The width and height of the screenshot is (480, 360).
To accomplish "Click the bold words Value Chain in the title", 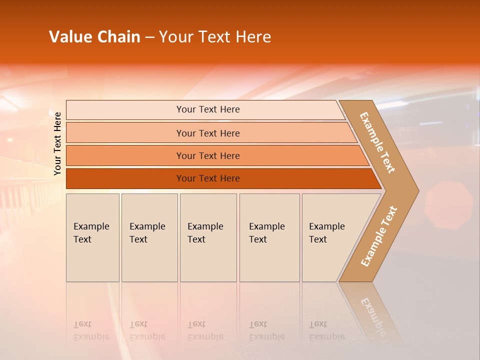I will pyautogui.click(x=94, y=37).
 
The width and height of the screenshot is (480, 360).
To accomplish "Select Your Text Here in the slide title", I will pyautogui.click(x=215, y=37).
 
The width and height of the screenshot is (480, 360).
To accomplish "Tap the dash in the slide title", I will pyautogui.click(x=149, y=37).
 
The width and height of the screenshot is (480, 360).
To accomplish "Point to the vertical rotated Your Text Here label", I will pyautogui.click(x=57, y=143).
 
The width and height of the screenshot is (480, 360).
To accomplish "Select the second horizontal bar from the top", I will pyautogui.click(x=208, y=133).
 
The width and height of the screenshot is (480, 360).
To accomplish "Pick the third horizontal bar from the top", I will pyautogui.click(x=208, y=155).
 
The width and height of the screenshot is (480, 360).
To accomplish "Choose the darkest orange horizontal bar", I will pyautogui.click(x=208, y=178).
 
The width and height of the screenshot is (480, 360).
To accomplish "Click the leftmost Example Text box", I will pyautogui.click(x=92, y=237).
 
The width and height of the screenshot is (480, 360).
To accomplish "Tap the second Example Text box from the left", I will pyautogui.click(x=149, y=237).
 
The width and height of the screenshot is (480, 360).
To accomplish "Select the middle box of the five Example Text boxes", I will pyautogui.click(x=208, y=237).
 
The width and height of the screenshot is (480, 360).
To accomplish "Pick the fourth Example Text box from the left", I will pyautogui.click(x=269, y=237).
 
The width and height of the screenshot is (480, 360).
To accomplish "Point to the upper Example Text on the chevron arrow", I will pyautogui.click(x=377, y=142).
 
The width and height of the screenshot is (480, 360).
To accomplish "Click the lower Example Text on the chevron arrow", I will pyautogui.click(x=378, y=236).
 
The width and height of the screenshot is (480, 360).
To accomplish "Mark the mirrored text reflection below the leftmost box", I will pyautogui.click(x=91, y=330).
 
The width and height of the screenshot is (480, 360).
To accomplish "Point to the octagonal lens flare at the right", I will pyautogui.click(x=448, y=198).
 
